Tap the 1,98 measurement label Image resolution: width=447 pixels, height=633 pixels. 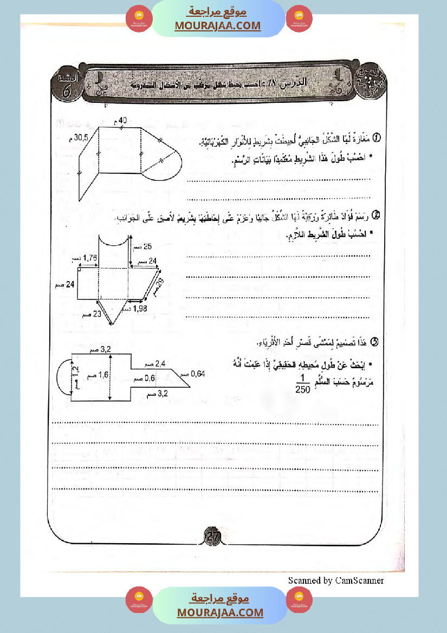point(139,308)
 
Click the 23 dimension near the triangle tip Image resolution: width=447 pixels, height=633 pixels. point(98,313)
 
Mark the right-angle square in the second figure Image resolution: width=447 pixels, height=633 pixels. point(79,269)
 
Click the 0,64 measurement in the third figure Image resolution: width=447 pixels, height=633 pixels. point(198,373)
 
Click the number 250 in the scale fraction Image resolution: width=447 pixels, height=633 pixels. point(303,388)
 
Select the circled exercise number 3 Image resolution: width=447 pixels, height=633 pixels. point(373,341)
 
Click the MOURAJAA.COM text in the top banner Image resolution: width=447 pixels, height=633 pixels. point(217,25)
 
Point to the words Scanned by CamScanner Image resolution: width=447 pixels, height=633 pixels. point(336,580)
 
